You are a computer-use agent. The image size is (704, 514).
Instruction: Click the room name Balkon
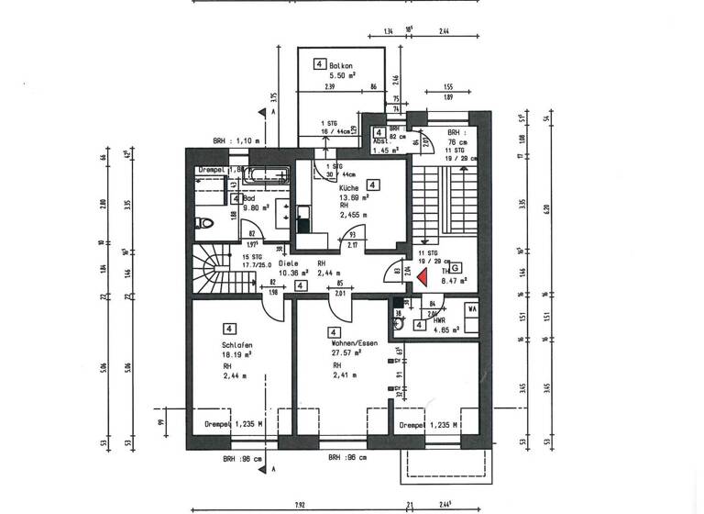click(343, 65)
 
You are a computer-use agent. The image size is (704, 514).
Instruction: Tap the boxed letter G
click(455, 267)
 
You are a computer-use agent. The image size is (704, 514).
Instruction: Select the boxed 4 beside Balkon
click(319, 64)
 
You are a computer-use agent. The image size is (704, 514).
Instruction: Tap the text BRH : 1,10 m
click(236, 140)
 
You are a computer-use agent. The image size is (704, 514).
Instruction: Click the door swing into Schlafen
click(272, 307)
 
